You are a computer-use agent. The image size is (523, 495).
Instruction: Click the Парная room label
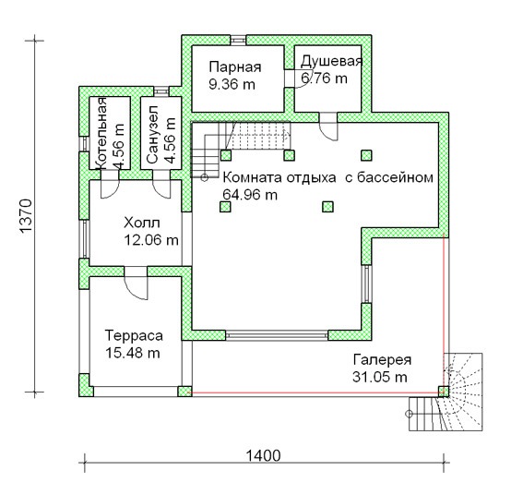point(235,66)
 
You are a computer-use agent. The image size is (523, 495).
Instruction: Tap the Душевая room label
point(331,62)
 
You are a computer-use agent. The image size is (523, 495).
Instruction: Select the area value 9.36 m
point(232,84)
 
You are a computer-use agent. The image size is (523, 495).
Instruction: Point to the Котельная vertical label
point(101,133)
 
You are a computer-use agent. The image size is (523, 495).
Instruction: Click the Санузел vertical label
point(152,135)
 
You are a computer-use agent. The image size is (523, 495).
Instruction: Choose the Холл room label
point(142,223)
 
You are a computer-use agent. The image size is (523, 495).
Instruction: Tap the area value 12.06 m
point(151,240)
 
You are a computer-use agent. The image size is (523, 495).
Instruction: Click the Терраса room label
point(134,335)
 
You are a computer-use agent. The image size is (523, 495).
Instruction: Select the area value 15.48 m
point(133,353)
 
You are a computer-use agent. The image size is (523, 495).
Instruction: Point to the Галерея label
point(382,360)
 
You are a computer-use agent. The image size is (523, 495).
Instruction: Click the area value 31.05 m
point(380,378)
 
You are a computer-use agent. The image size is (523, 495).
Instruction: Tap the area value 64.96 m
point(250,195)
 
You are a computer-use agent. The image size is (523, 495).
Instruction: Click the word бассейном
point(395,177)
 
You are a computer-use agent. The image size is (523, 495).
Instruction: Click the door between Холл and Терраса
point(136,283)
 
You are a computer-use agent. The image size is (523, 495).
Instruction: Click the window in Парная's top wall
point(238,40)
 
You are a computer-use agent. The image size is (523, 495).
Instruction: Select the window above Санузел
point(161,91)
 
